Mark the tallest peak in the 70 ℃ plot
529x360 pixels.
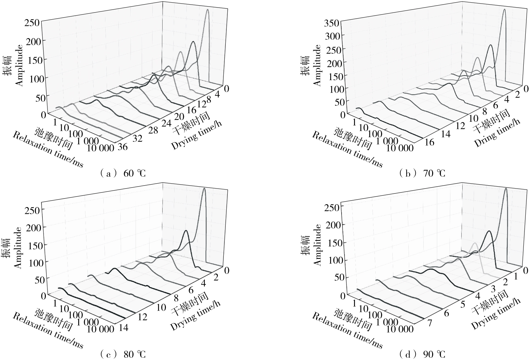(x=504, y=10)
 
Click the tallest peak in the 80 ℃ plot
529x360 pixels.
(x=204, y=189)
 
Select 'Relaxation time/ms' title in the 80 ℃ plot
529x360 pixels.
(x=47, y=330)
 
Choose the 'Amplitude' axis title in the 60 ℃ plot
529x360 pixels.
(x=19, y=65)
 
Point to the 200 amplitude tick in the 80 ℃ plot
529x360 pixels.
(x=39, y=226)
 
